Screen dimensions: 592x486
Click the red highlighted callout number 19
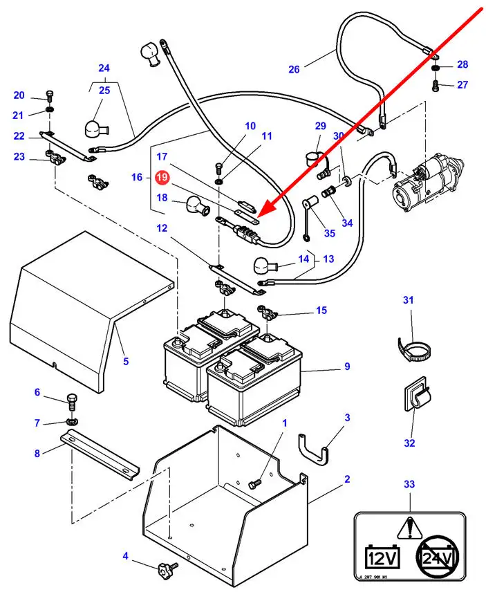[162, 178]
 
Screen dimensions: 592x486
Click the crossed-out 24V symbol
[438, 555]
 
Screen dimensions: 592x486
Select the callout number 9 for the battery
[348, 367]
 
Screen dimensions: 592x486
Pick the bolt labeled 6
[72, 400]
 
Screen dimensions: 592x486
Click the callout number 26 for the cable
[294, 69]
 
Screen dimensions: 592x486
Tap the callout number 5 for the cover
[126, 360]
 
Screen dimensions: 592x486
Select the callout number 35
[329, 233]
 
